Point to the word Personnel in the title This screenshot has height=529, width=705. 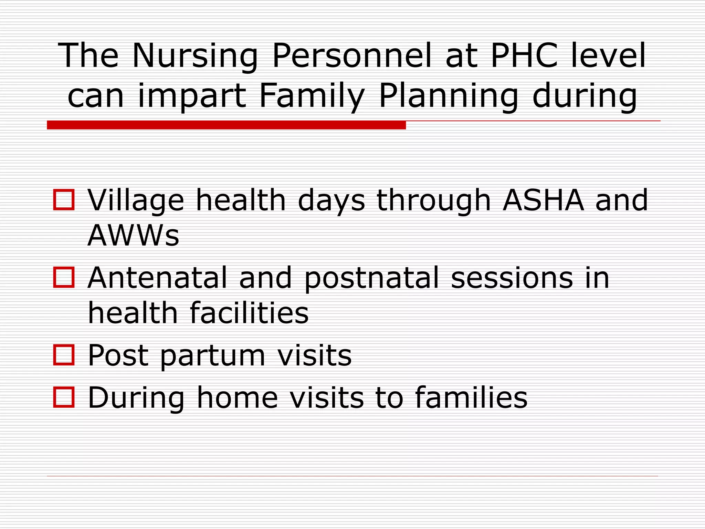click(351, 55)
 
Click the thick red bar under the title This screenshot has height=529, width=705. click(226, 125)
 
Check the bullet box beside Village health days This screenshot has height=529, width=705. click(64, 200)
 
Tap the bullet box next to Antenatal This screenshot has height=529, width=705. click(64, 277)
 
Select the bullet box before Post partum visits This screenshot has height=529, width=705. click(64, 355)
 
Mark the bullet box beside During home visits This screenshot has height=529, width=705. click(64, 397)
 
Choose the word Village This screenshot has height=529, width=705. click(136, 201)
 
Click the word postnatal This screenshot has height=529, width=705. click(372, 278)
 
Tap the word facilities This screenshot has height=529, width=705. click(249, 313)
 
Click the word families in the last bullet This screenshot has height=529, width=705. click(471, 398)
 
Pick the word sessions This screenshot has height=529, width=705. click(512, 278)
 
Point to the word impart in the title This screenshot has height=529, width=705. click(192, 96)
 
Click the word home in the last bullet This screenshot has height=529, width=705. click(237, 398)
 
